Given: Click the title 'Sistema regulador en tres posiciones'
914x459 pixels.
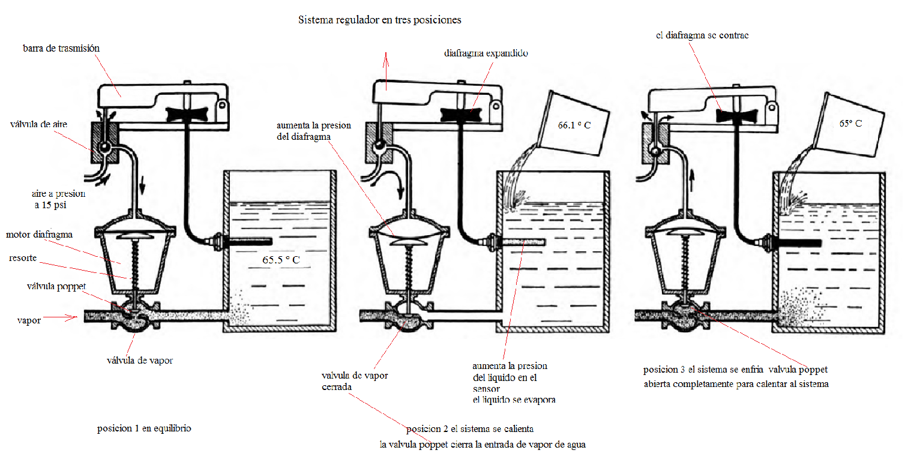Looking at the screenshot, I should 379,20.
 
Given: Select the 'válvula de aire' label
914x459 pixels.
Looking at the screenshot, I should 38,124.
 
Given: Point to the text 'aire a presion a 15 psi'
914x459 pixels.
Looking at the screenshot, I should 58,199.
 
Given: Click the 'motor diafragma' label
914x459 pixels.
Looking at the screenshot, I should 40,234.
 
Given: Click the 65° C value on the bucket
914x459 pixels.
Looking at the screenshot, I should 850,123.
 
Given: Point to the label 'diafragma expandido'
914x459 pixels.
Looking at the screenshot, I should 486,53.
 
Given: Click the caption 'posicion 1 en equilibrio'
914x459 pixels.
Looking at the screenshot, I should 144,429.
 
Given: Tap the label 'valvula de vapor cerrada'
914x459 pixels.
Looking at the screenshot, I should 354,381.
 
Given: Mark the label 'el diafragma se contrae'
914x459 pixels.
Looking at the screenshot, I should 702,35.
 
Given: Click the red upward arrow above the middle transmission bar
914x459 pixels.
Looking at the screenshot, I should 386,66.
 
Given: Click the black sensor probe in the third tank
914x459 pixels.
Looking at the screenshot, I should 795,242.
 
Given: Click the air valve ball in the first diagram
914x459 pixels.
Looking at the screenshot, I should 104,148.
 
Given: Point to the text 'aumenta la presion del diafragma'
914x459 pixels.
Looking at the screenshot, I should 313,131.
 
